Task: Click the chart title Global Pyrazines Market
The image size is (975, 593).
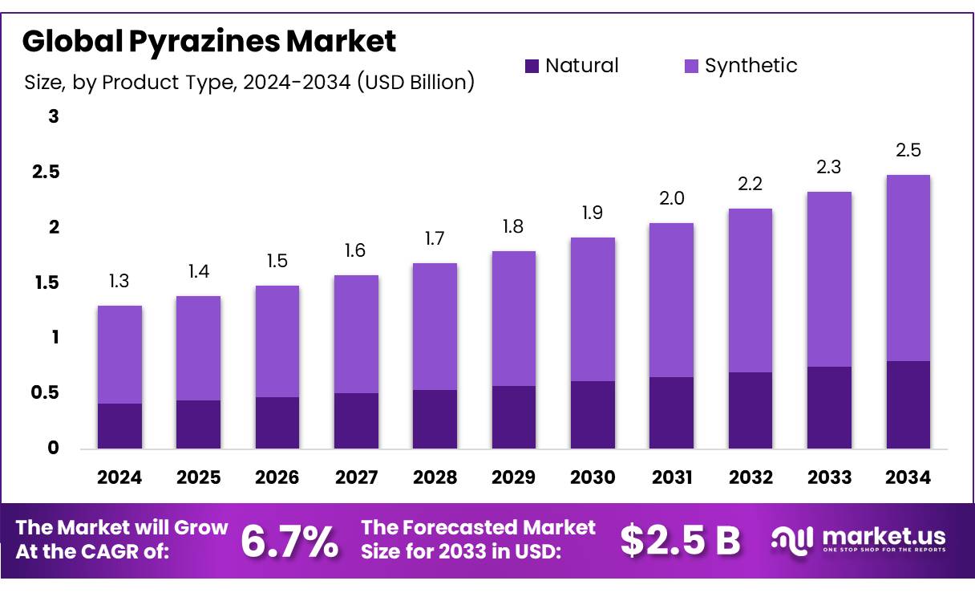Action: click(x=209, y=42)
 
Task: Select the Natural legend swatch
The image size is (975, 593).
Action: click(x=532, y=66)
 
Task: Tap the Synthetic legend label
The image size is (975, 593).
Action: click(x=750, y=66)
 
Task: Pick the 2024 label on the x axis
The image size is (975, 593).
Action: click(x=119, y=478)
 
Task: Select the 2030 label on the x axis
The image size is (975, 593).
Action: click(x=593, y=478)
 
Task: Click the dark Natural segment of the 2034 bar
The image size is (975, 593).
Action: click(x=908, y=404)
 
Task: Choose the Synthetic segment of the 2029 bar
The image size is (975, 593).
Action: click(x=514, y=319)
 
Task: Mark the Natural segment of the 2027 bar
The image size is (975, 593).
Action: click(x=356, y=420)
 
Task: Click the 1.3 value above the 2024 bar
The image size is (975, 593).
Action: click(x=119, y=282)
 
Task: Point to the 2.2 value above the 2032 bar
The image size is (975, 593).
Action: click(x=750, y=185)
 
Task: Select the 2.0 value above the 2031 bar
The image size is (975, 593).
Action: click(x=671, y=199)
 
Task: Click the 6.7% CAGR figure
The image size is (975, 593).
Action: click(x=289, y=542)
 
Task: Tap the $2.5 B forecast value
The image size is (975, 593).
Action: click(x=680, y=542)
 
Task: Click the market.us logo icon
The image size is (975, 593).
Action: click(x=791, y=540)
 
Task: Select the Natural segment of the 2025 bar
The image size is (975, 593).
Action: click(x=198, y=424)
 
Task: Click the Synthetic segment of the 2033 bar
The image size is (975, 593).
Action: click(x=829, y=279)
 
